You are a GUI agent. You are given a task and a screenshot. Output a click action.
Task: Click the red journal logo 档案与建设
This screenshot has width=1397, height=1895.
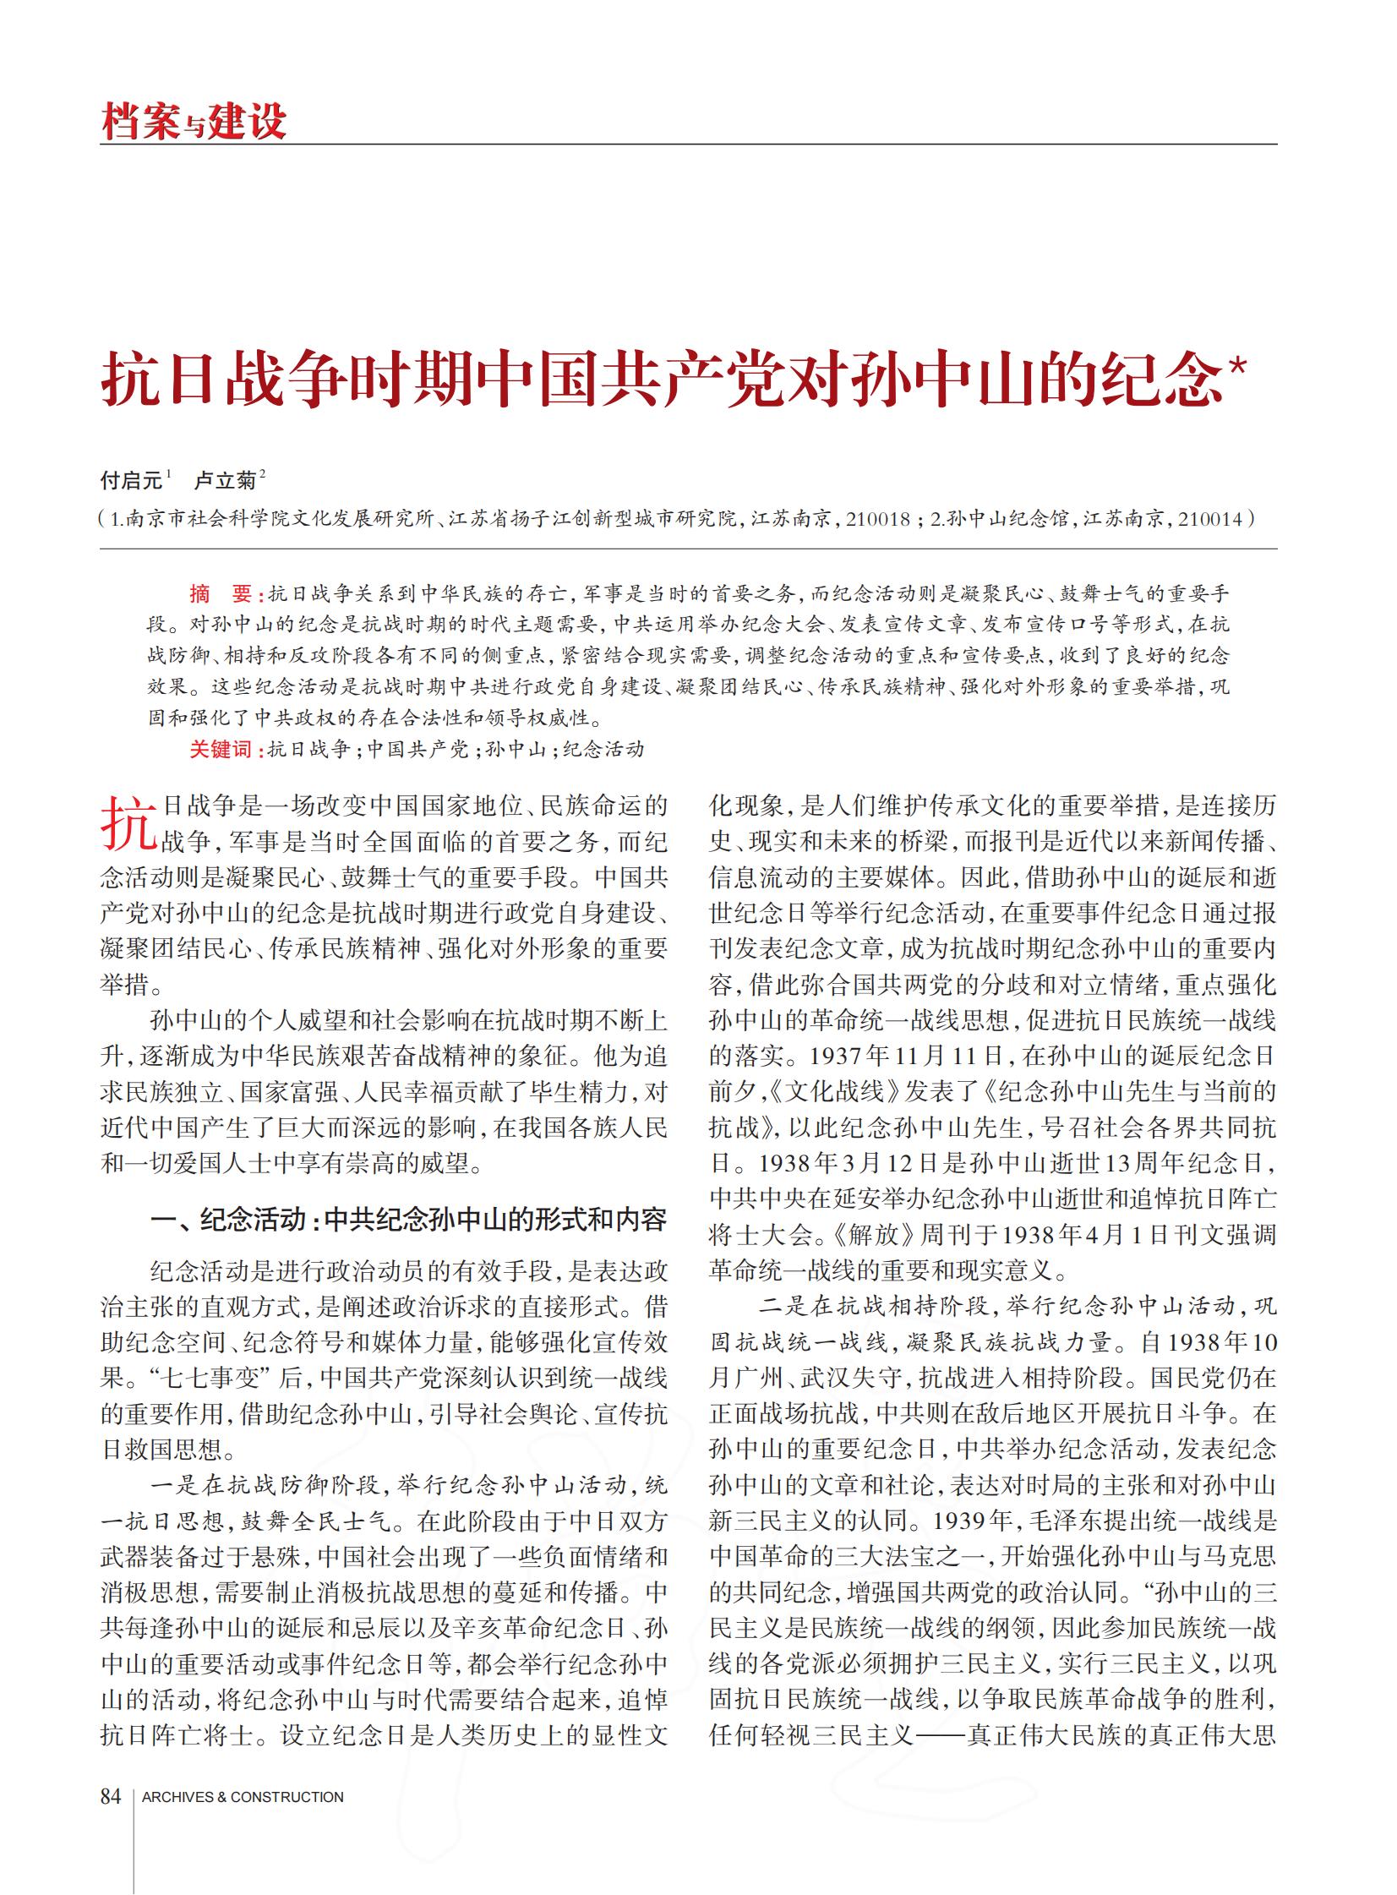coord(194,121)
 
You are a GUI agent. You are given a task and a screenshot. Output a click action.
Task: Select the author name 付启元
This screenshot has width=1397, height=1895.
coord(131,480)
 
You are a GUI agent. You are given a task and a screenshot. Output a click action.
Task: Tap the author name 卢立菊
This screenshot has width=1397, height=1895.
coord(225,480)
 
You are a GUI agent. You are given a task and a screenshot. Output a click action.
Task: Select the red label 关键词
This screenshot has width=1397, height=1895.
coord(220,749)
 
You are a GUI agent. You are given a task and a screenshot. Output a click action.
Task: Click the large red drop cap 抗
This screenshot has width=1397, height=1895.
coord(128,822)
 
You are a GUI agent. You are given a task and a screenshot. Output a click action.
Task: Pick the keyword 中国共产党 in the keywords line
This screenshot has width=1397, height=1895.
coord(417,749)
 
